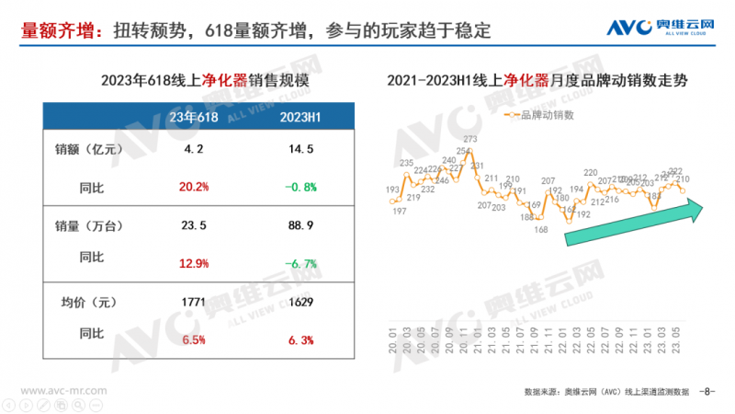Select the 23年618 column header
click(x=195, y=117)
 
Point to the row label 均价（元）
click(x=90, y=301)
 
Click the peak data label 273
click(x=469, y=140)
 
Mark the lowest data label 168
click(x=541, y=229)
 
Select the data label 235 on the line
click(x=406, y=163)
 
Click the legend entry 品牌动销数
click(x=542, y=115)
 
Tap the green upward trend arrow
click(x=634, y=224)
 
